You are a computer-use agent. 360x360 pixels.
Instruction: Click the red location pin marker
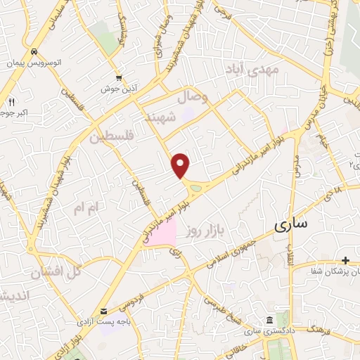[x=181, y=165]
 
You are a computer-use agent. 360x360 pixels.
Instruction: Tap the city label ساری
[x=291, y=225]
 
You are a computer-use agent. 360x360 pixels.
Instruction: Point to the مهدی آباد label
[x=252, y=69]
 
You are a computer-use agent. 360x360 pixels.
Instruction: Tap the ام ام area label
[x=88, y=206]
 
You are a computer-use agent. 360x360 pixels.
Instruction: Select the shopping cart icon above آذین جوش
[x=120, y=77]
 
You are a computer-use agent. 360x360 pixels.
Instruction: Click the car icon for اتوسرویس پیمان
[x=33, y=52]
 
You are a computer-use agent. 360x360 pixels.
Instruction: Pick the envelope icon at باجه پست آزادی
[x=104, y=311]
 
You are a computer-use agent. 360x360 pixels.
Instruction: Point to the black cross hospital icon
[x=345, y=260]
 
